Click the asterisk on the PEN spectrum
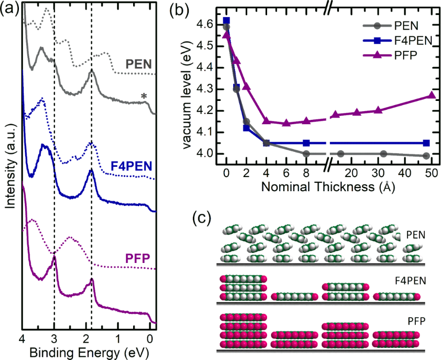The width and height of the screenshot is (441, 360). pyautogui.click(x=144, y=97)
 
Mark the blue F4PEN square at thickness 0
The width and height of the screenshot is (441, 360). pyautogui.click(x=226, y=21)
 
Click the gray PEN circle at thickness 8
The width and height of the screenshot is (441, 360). pyautogui.click(x=306, y=154)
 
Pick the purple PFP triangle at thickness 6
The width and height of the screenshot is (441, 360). pyautogui.click(x=286, y=123)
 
